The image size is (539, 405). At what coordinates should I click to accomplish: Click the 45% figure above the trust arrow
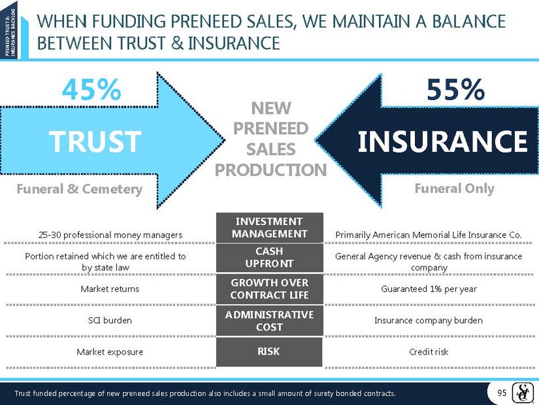click(x=91, y=90)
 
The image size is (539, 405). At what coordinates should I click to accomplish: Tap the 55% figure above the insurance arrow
click(x=455, y=90)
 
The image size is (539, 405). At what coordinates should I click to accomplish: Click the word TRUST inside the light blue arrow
click(x=95, y=141)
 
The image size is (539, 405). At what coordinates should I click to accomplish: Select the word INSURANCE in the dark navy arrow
click(x=442, y=141)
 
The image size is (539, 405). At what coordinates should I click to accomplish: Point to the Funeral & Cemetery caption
click(x=80, y=189)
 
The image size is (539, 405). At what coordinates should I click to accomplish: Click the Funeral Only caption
click(x=455, y=188)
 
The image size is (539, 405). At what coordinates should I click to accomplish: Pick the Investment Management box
click(x=269, y=228)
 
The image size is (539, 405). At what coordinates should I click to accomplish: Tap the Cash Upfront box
click(x=269, y=258)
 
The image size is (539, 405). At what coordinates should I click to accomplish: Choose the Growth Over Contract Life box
click(x=269, y=289)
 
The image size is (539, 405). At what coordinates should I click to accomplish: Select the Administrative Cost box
click(x=269, y=321)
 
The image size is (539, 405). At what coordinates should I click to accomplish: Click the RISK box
click(x=269, y=351)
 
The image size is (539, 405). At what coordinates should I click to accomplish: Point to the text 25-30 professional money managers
click(x=110, y=236)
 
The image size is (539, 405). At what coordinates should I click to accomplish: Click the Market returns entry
click(x=110, y=289)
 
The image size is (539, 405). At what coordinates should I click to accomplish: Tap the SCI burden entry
click(x=110, y=321)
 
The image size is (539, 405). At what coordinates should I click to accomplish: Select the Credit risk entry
click(x=429, y=351)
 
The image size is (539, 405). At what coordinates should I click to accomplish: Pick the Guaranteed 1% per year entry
click(x=429, y=289)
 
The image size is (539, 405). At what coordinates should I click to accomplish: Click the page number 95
click(x=502, y=393)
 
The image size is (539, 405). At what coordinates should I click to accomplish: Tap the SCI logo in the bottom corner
click(x=521, y=393)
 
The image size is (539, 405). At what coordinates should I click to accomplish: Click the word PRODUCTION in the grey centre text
click(x=271, y=169)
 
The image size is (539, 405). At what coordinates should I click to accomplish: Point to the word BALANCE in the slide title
click(x=469, y=22)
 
